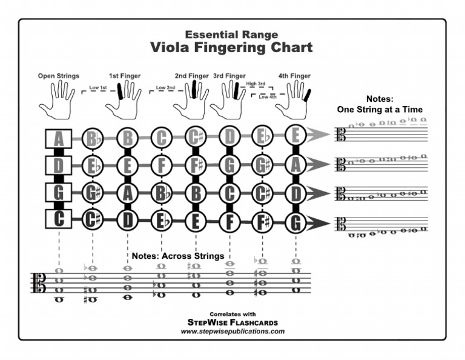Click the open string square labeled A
click(58, 139)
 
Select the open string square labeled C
click(58, 219)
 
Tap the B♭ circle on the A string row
click(93, 139)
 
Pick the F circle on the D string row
click(161, 165)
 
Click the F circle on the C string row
click(229, 222)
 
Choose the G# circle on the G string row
click(93, 193)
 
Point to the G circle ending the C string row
click(295, 222)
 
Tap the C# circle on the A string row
click(196, 137)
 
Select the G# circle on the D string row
click(262, 165)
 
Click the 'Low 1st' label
click(98, 87)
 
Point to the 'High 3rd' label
click(256, 84)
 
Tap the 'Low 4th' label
click(268, 97)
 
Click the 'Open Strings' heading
click(58, 76)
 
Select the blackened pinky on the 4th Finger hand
click(307, 95)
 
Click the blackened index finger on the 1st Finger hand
click(120, 91)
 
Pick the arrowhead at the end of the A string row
click(318, 134)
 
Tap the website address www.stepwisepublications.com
click(232, 331)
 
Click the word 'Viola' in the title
click(170, 47)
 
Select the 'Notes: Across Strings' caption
click(178, 256)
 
